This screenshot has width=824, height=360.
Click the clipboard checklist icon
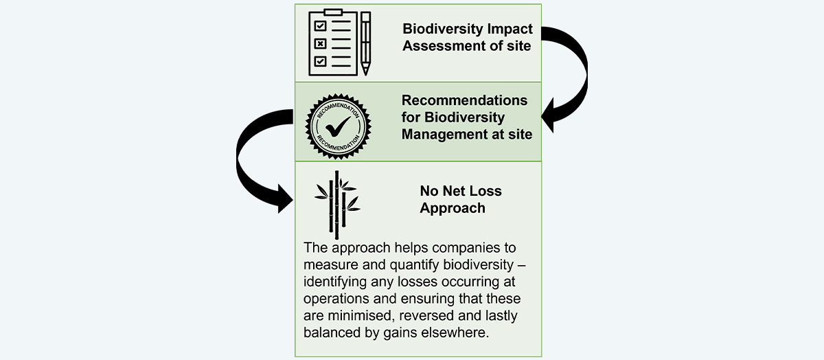[333, 43]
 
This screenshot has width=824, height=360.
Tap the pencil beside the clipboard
[365, 43]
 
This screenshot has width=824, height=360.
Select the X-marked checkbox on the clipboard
[320, 44]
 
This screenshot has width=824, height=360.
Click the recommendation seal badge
[338, 126]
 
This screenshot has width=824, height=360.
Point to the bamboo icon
[337, 205]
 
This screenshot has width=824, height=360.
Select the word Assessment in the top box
[438, 46]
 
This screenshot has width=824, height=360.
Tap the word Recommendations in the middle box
[464, 100]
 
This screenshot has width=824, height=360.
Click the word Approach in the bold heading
[453, 208]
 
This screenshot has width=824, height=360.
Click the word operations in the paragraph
[336, 299]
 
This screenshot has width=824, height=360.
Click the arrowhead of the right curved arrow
[547, 115]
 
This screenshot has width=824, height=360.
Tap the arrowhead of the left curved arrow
[286, 199]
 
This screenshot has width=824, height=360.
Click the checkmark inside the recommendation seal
[338, 126]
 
